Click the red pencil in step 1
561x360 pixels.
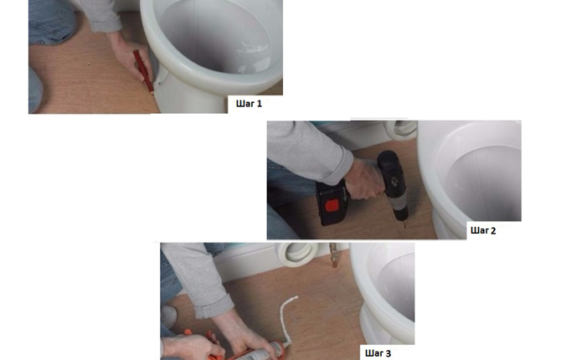click(143, 71)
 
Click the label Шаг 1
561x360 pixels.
click(249, 104)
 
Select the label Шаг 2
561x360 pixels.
click(483, 230)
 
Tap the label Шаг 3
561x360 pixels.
click(378, 353)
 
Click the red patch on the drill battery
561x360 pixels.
click(332, 206)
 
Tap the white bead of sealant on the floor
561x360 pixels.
click(288, 316)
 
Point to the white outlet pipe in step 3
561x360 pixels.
click(297, 255)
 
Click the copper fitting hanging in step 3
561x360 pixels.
click(333, 255)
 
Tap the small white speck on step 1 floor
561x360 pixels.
click(89, 64)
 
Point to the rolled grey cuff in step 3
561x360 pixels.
click(214, 306)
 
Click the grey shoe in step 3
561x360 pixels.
click(168, 316)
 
